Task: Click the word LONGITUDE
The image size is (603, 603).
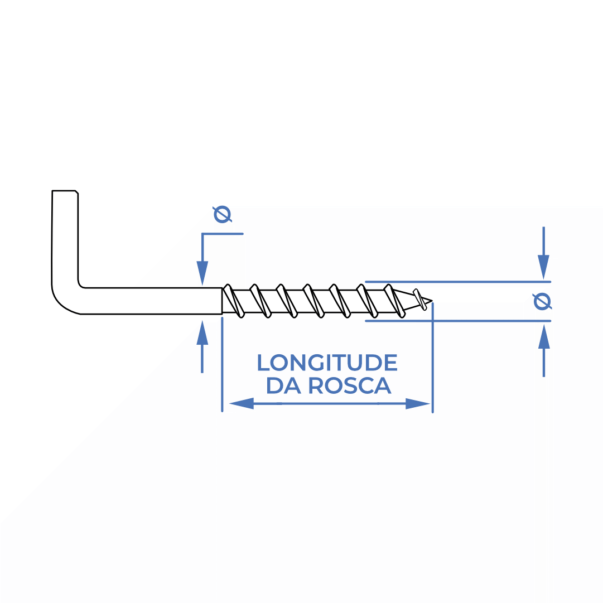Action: (327, 363)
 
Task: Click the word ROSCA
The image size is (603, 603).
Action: (350, 385)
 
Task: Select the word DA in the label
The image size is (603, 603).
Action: (283, 385)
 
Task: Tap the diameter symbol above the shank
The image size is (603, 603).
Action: (223, 214)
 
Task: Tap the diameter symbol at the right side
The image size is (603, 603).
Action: (543, 301)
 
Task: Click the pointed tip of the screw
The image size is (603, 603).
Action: (432, 301)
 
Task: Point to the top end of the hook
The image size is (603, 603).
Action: (65, 191)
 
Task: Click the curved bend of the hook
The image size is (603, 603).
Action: (64, 302)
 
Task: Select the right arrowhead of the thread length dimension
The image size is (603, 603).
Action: (418, 404)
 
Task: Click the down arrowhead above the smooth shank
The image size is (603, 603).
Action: (202, 273)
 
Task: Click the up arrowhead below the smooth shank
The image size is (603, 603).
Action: (202, 332)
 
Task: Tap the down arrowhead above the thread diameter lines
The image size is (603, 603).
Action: (543, 267)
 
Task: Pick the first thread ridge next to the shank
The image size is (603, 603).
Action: (233, 301)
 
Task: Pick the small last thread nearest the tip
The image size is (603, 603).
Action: (420, 299)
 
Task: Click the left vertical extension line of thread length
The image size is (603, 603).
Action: (222, 365)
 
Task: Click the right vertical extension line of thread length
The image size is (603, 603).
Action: (433, 358)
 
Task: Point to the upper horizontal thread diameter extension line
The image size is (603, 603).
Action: (457, 282)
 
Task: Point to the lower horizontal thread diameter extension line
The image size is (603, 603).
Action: (457, 320)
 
